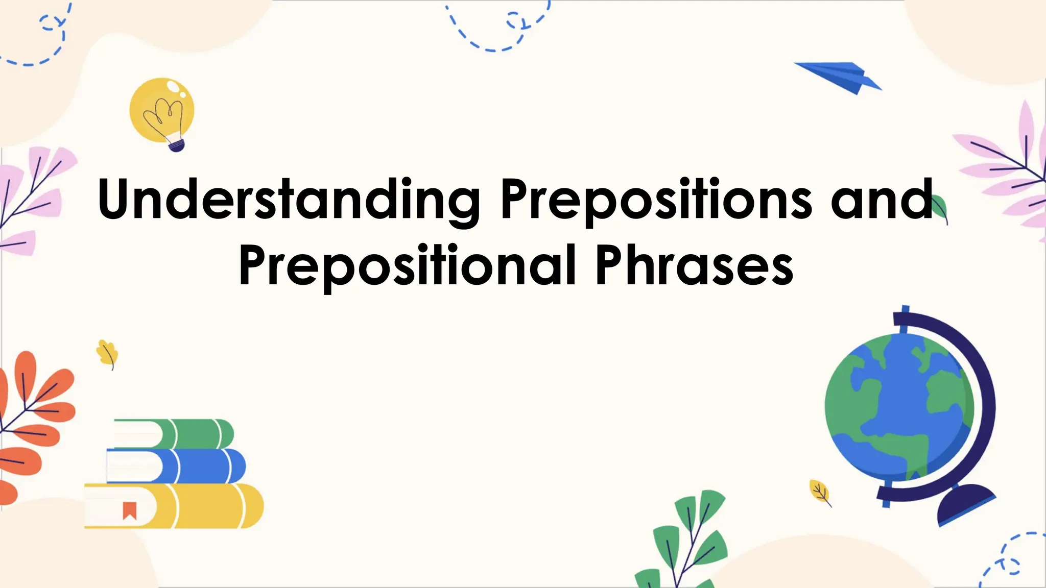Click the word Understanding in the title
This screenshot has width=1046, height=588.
point(289,200)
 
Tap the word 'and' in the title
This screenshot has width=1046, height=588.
point(882,200)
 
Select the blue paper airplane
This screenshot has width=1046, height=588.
point(840,77)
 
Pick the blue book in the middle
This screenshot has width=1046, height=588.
point(204,466)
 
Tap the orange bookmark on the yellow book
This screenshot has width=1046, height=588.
point(130,510)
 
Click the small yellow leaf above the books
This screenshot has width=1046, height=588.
point(108,353)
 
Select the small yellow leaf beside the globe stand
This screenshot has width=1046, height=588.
point(820,492)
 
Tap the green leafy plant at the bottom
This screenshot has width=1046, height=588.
point(687,541)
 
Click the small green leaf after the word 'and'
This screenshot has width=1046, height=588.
point(940,208)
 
